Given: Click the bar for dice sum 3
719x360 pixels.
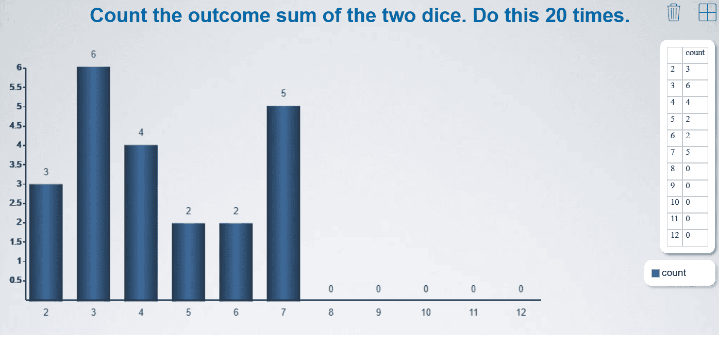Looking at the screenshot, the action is coord(93,184).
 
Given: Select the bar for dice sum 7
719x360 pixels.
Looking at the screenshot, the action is coord(283,203).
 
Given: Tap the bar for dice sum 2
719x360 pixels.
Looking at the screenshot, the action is coord(46,242).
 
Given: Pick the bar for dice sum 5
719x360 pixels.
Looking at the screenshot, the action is coord(189,262).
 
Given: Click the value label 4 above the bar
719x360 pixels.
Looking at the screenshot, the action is coord(141,133).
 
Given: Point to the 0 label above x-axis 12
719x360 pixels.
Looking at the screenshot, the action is coord(521,289).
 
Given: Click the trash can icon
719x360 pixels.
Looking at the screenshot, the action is coord(674,12).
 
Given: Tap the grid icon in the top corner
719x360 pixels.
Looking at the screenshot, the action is coord(708,12).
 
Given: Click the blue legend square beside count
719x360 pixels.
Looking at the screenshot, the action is coord(656,273).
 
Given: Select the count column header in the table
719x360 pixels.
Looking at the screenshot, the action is coord(695,53).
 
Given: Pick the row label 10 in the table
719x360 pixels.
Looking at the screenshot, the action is coord(675,202).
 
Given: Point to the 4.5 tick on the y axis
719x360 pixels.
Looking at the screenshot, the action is coord(16,125).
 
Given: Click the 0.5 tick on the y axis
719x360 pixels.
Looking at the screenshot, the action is coord(16,280).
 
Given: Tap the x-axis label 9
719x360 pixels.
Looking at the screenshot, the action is coord(378,313).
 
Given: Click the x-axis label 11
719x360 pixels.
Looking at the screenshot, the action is coord(474,313).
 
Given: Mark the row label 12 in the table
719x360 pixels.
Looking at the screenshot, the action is coord(675,235).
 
